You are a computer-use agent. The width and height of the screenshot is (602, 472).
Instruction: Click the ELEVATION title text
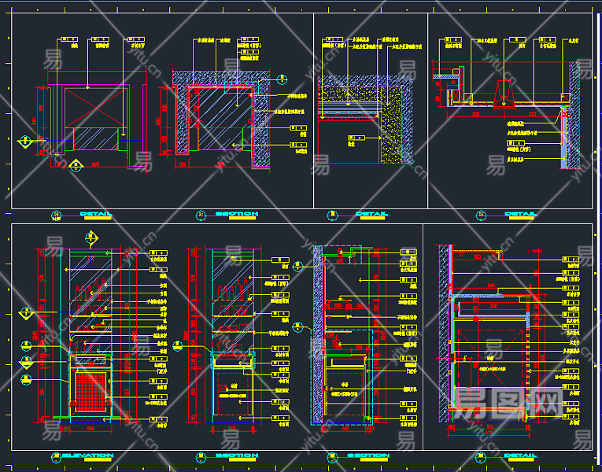click(x=87, y=455)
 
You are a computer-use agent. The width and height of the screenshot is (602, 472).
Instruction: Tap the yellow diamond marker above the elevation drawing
click(x=91, y=236)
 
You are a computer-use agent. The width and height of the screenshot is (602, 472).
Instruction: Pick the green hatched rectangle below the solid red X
click(x=95, y=138)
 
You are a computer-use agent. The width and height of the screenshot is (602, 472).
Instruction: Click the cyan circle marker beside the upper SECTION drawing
click(x=281, y=78)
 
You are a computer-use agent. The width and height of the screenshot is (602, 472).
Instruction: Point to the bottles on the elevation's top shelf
click(x=93, y=290)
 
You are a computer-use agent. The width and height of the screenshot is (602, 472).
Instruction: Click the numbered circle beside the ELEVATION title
click(x=56, y=456)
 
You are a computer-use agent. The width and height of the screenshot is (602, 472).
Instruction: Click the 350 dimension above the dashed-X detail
click(x=476, y=256)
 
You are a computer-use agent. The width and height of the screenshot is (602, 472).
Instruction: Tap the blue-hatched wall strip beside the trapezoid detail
click(x=565, y=142)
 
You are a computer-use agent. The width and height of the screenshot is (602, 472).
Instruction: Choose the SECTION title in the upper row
click(x=236, y=214)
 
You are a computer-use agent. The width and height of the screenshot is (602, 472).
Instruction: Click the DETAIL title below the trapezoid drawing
click(x=520, y=214)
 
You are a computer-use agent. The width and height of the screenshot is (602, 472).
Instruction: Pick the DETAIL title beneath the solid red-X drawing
click(x=94, y=214)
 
